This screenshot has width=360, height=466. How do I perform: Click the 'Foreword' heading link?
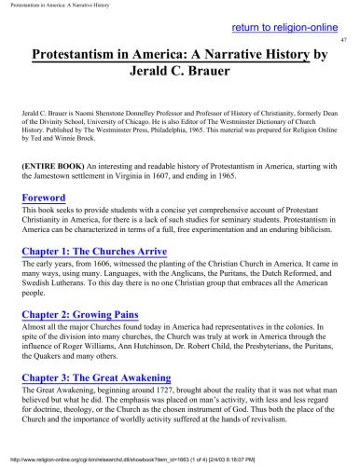coord(44,199)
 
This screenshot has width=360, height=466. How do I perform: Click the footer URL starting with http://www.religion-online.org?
coord(93,459)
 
